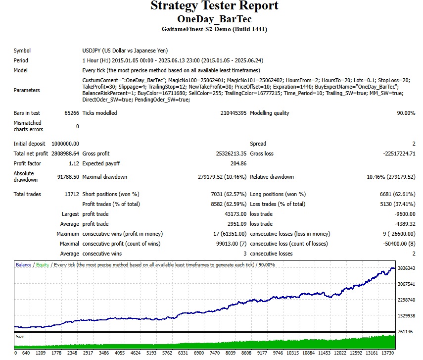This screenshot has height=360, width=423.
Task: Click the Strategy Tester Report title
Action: (x=214, y=6)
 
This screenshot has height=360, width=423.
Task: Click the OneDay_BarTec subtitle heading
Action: (x=214, y=19)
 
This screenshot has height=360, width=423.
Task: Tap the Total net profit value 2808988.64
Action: (x=65, y=154)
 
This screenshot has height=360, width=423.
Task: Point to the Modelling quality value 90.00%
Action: (x=406, y=113)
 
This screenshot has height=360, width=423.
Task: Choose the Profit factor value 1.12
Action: (x=73, y=163)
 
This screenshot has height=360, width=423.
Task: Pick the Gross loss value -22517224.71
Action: (x=399, y=154)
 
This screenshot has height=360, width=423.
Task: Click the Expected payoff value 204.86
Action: (x=238, y=163)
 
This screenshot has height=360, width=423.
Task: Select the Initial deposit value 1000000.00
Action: (x=65, y=144)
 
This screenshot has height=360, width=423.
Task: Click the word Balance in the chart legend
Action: (x=24, y=265)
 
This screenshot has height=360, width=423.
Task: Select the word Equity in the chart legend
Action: (x=43, y=265)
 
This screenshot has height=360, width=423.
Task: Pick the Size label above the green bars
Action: (x=21, y=336)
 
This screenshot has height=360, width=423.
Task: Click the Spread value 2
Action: (x=414, y=144)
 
